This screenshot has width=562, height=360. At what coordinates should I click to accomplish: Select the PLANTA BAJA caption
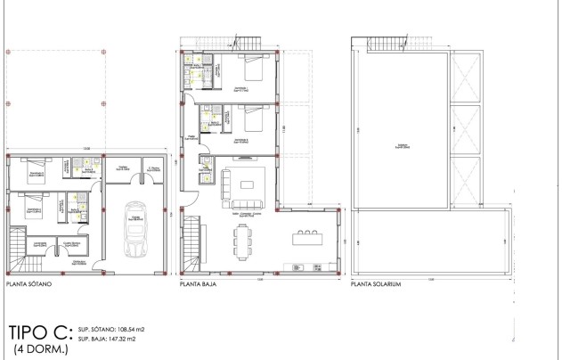pyautogui.click(x=200, y=286)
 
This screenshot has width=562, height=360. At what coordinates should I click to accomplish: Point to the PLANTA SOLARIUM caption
pyautogui.click(x=378, y=286)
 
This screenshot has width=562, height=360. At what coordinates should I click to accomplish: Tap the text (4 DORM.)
pyautogui.click(x=40, y=350)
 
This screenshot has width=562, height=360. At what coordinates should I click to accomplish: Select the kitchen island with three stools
pyautogui.click(x=306, y=237)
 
